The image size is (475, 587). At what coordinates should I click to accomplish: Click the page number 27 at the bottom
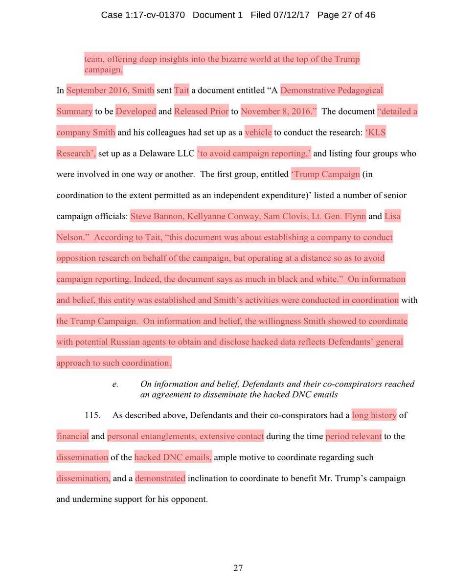click(238, 568)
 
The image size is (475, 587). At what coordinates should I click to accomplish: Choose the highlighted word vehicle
click(258, 132)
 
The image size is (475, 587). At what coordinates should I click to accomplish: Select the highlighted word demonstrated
click(160, 478)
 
